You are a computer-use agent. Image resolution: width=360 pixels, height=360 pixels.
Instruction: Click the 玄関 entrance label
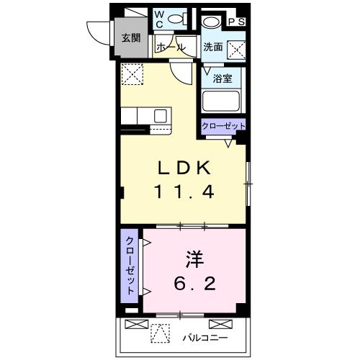point(130,38)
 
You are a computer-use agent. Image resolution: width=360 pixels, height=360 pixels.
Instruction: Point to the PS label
point(237,22)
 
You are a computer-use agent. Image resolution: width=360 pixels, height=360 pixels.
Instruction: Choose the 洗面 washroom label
point(212,48)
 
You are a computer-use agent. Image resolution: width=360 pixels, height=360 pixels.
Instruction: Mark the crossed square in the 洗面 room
point(236,49)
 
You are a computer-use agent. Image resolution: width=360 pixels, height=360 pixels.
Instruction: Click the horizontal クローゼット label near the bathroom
point(223,126)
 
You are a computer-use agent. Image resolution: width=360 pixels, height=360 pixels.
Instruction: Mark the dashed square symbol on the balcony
point(160,333)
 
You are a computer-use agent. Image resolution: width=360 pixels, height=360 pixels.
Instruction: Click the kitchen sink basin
point(160,115)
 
